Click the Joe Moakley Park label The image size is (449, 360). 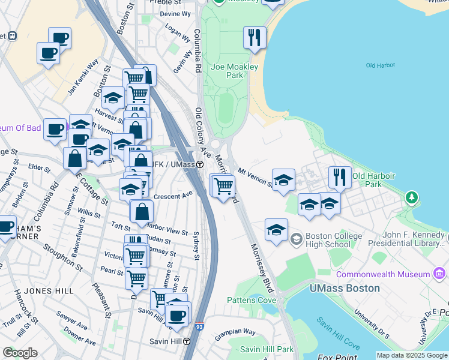click(x=227, y=71)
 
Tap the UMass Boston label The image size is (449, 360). click(x=345, y=288)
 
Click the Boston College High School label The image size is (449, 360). click(x=333, y=240)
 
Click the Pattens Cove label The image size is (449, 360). click(x=252, y=300)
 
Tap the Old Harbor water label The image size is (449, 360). click(x=379, y=65)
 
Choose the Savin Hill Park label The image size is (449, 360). click(x=267, y=349)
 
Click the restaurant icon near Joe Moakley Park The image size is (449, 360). click(x=255, y=38)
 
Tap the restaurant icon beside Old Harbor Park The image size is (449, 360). click(x=340, y=178)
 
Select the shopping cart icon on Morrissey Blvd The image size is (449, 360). click(x=223, y=186)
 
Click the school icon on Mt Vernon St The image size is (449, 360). click(x=283, y=180)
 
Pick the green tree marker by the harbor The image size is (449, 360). click(x=411, y=197)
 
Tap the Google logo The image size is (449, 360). click(x=20, y=353)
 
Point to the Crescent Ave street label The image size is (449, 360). click(x=172, y=194)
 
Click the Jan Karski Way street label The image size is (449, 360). click(x=83, y=77)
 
